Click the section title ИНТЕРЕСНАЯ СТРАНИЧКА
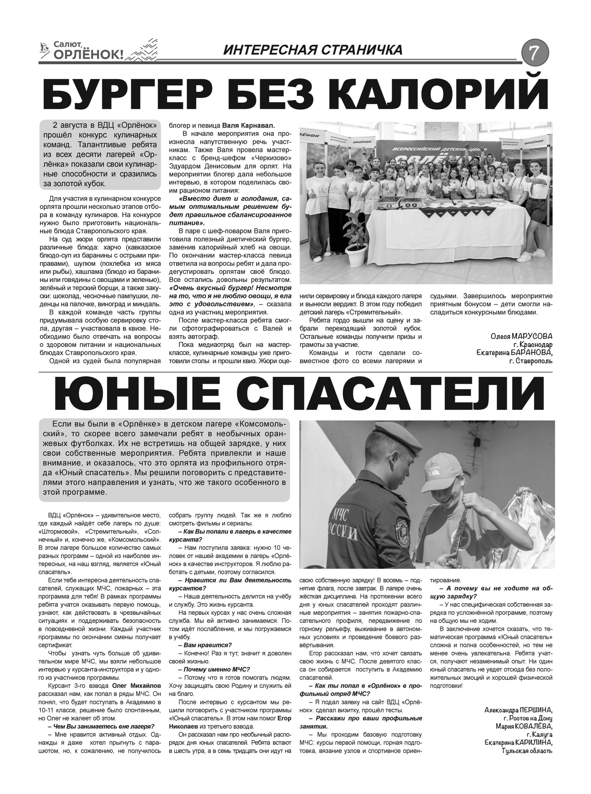tap(313, 50)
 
